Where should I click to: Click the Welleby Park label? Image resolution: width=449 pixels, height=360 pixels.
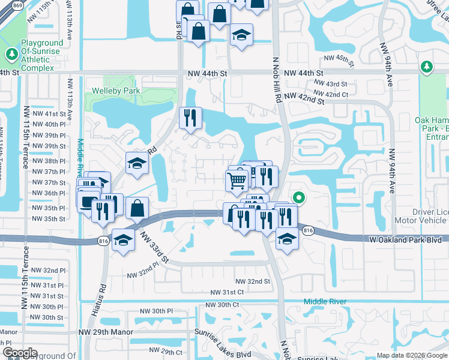[x=115, y=91]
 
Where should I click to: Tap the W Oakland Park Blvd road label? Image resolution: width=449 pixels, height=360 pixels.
[x=405, y=239]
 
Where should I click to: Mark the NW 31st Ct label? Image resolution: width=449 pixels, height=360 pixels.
[x=226, y=292]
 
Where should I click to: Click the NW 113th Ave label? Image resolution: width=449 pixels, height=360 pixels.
[x=70, y=98]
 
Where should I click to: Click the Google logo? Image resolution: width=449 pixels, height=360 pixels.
[x=19, y=353]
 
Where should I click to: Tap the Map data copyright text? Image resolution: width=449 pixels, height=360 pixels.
[x=411, y=355]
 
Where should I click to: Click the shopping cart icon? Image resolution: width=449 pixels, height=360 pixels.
[x=238, y=179]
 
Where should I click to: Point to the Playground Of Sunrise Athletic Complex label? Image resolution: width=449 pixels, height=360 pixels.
[x=42, y=55]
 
